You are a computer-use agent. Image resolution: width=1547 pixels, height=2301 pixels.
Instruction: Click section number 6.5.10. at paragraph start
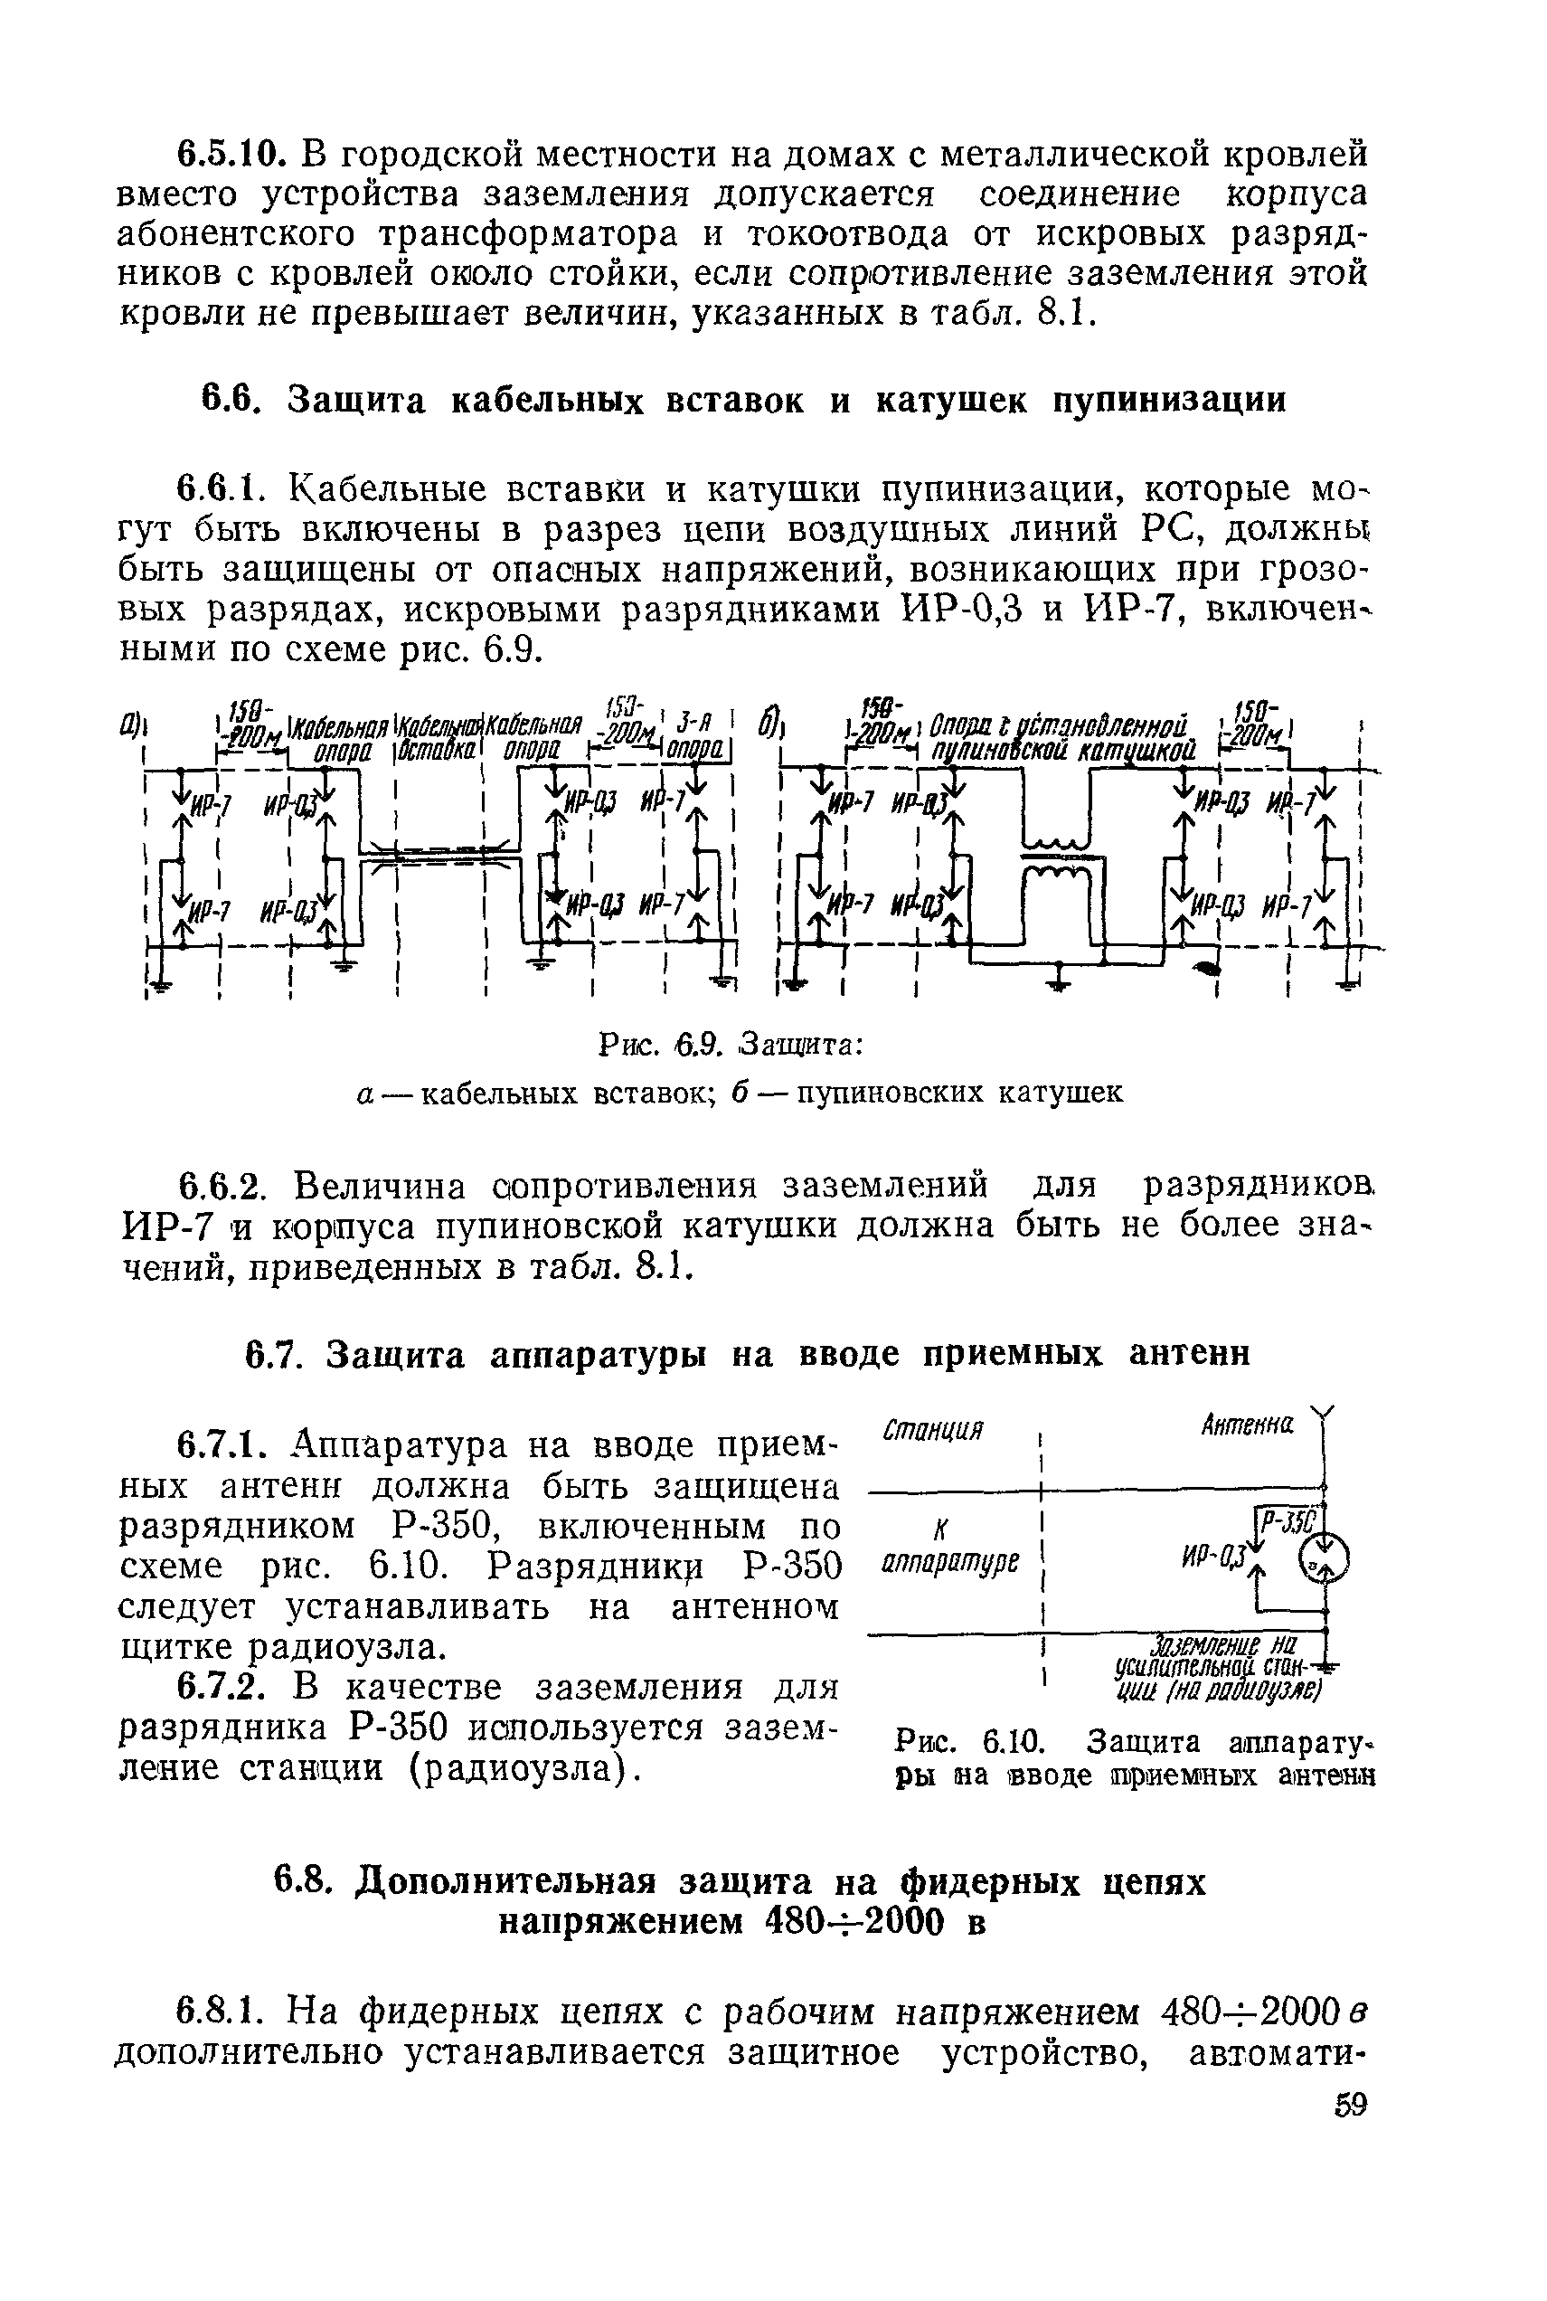coord(230,155)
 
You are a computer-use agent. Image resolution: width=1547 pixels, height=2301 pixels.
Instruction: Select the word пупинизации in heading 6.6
coord(1169,400)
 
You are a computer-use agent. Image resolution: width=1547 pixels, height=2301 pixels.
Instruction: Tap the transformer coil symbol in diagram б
coord(1057,858)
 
